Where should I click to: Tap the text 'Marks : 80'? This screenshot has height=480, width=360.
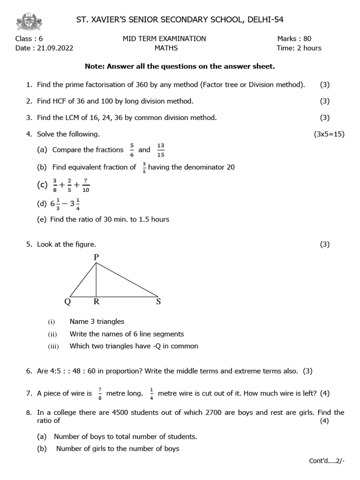point(294,39)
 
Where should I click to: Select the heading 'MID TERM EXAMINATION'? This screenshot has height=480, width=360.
point(164,39)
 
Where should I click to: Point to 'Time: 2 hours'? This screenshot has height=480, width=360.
point(299,48)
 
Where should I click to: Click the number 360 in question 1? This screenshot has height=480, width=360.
point(154,85)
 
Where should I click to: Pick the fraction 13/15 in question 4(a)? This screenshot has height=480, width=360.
point(161,150)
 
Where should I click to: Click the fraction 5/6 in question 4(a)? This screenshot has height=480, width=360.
point(132,150)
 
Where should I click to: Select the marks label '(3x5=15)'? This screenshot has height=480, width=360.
point(329,134)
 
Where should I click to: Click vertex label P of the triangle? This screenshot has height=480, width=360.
point(96,257)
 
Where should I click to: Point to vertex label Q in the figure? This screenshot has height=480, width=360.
point(67,302)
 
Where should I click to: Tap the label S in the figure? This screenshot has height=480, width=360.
point(158,302)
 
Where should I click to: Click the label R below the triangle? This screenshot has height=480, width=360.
point(96,302)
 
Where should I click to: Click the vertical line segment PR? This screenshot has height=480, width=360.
point(96,279)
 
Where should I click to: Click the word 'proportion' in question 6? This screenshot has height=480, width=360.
point(116,371)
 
